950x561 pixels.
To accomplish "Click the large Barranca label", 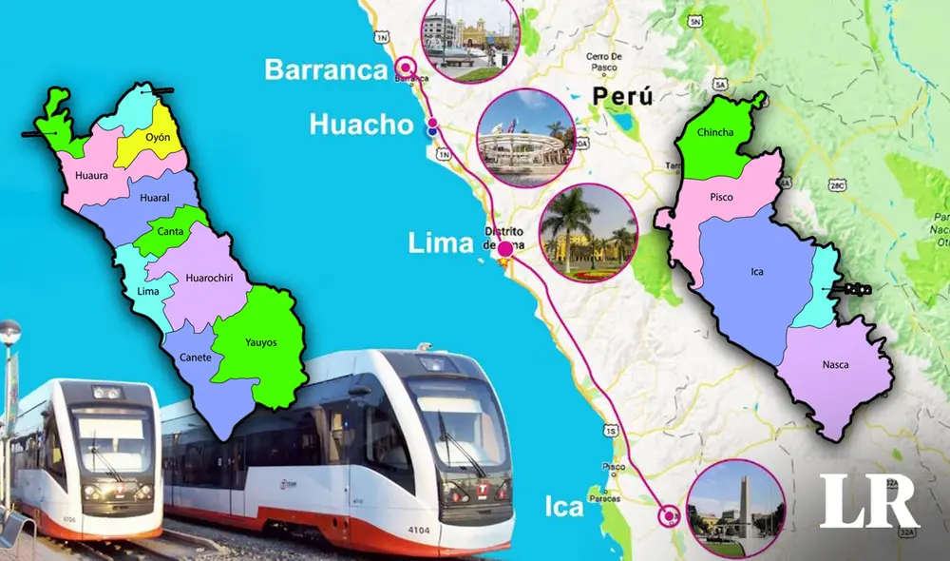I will pyautogui.click(x=327, y=68).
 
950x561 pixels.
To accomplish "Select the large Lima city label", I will pyautogui.click(x=440, y=242).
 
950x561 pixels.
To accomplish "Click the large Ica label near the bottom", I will pyautogui.click(x=564, y=507).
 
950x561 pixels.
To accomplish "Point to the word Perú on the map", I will pyautogui.click(x=622, y=96).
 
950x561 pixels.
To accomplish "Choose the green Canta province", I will pyautogui.click(x=171, y=232).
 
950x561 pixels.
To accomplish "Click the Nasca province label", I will pyautogui.click(x=836, y=364).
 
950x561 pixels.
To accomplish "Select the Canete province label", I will pyautogui.click(x=194, y=358).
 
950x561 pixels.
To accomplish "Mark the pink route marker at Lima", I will pyautogui.click(x=504, y=250).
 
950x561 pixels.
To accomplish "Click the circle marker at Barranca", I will pyautogui.click(x=407, y=67).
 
